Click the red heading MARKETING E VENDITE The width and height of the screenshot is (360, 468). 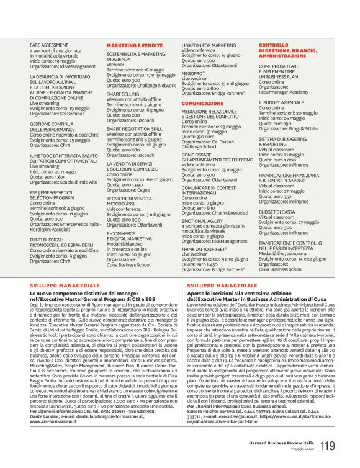(x=130, y=46)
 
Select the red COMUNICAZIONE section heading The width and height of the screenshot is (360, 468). (x=202, y=102)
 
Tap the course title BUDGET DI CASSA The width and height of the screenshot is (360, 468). (x=277, y=211)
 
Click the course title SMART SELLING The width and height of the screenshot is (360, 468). (x=123, y=94)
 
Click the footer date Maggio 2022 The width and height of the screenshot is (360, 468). (x=303, y=449)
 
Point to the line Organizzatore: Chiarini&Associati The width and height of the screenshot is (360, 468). (x=214, y=212)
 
